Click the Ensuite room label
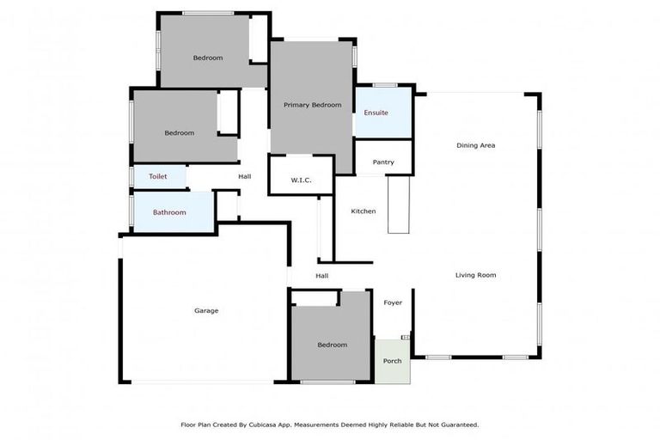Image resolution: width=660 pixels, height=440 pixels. (x=376, y=113)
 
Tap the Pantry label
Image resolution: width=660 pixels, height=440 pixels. (x=383, y=162)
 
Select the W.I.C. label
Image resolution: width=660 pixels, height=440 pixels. (x=301, y=180)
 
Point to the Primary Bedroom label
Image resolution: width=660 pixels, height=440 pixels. (x=313, y=105)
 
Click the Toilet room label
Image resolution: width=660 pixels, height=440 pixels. (x=157, y=176)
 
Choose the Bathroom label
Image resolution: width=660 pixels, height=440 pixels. (x=169, y=212)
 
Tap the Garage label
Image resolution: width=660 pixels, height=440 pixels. (x=206, y=310)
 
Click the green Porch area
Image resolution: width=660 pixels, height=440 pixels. (x=392, y=362)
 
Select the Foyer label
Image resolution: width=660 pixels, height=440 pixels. (x=393, y=302)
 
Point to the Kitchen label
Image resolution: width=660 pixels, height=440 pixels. (x=364, y=211)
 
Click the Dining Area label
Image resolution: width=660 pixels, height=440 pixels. (x=475, y=145)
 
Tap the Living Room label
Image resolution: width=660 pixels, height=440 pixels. (x=475, y=275)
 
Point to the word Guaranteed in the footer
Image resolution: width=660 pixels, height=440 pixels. (x=456, y=425)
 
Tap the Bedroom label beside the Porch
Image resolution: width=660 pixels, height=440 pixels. (x=332, y=345)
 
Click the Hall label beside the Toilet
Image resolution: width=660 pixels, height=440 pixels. (x=245, y=177)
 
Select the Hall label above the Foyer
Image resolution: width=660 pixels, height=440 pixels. (x=322, y=276)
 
